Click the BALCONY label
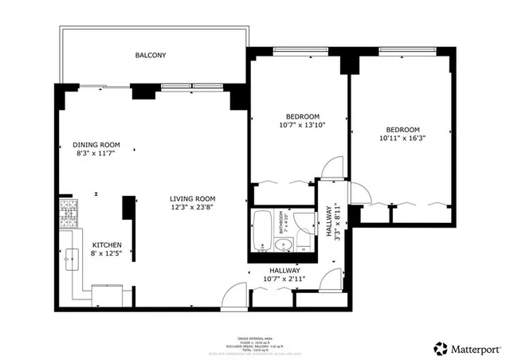[150, 56]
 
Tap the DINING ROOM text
[96, 145]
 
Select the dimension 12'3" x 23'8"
[195, 208]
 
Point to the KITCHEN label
[107, 245]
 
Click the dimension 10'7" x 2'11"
[284, 279]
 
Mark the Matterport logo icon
[439, 346]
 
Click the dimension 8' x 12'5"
[107, 254]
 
